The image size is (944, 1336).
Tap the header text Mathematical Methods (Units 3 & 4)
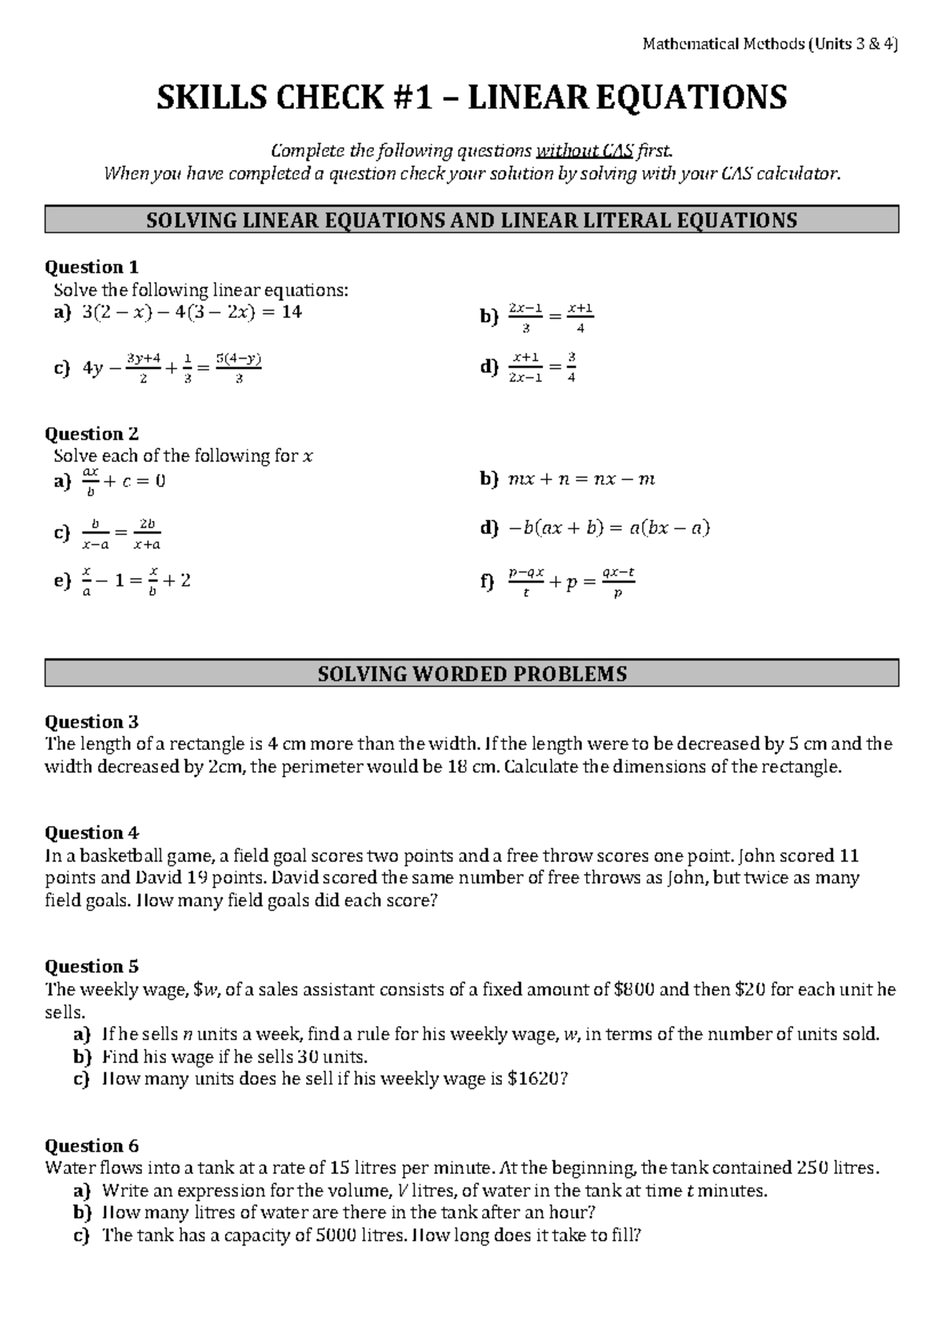[770, 44]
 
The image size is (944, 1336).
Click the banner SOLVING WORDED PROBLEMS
[471, 674]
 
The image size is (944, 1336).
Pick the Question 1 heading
[91, 268]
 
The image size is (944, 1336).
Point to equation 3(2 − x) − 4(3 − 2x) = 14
[191, 312]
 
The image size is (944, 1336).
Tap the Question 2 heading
[91, 434]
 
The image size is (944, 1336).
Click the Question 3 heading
[91, 722]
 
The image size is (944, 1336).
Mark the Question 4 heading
[91, 833]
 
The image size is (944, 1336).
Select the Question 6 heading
[91, 1146]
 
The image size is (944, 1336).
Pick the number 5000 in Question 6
[336, 1235]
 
